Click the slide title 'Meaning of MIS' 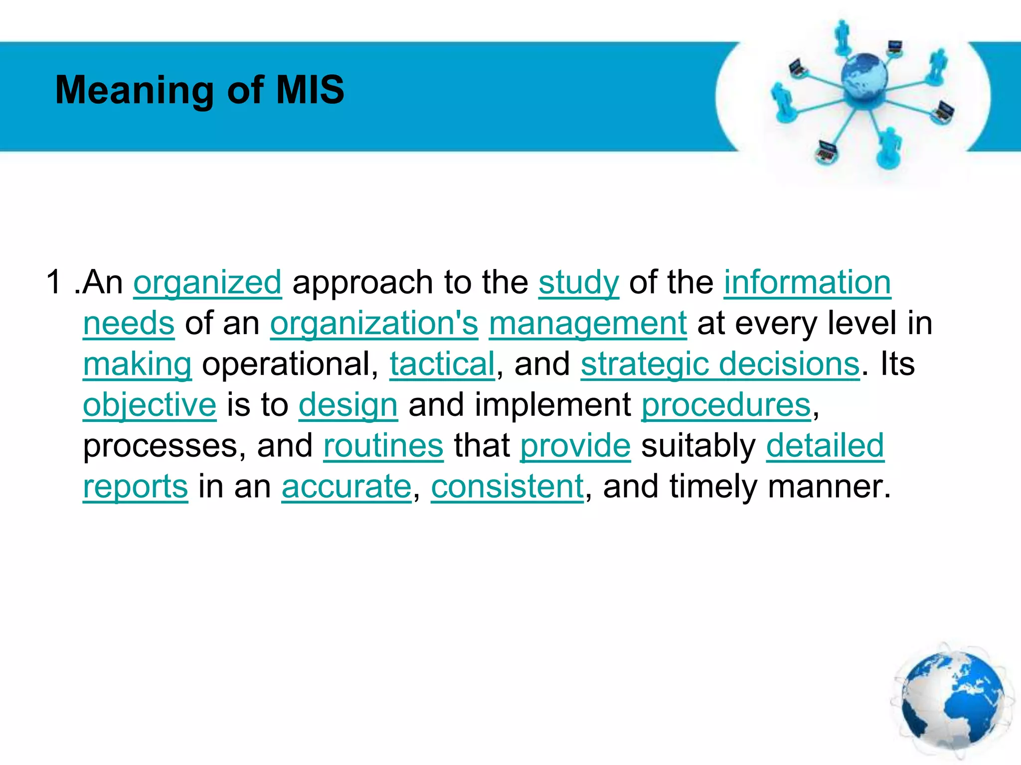tap(199, 90)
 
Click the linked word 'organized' tap(207, 282)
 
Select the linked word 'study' tap(578, 282)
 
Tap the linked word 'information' tap(807, 282)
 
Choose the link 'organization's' tap(374, 323)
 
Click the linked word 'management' tap(587, 323)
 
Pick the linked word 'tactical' tap(442, 364)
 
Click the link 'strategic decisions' tap(720, 364)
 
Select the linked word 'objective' tap(150, 405)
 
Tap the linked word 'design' tap(348, 405)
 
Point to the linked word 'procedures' tap(726, 405)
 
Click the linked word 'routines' tap(383, 446)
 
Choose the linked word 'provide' tap(575, 446)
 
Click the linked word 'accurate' tap(346, 487)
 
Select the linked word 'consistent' tap(507, 487)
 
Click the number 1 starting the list tap(53, 282)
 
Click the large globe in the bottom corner tap(952, 702)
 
